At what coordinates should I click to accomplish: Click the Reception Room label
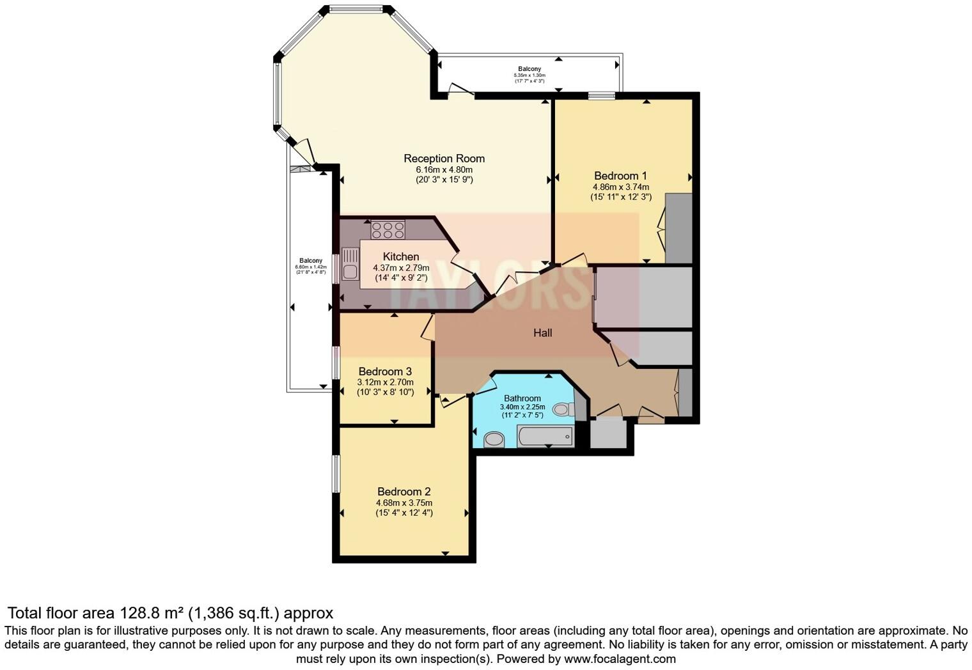[444, 159]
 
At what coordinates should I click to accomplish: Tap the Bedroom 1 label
[620, 176]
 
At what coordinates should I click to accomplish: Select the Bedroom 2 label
[404, 492]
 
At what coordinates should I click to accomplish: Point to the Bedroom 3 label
[385, 371]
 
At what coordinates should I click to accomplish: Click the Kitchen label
[401, 256]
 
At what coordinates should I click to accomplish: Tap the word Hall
[542, 332]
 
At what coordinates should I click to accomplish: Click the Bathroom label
[522, 398]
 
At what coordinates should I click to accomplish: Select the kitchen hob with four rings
[388, 230]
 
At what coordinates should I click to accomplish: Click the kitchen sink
[350, 265]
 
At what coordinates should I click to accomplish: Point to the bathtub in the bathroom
[545, 437]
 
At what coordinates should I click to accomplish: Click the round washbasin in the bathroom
[493, 439]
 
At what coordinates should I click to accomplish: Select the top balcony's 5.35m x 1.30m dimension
[529, 75]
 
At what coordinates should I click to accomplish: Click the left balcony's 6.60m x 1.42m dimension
[311, 267]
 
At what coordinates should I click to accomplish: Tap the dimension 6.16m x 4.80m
[444, 169]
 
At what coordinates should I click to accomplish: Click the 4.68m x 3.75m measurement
[404, 503]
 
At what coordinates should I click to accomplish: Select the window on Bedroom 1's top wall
[601, 97]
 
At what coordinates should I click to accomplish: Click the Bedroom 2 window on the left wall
[336, 473]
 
